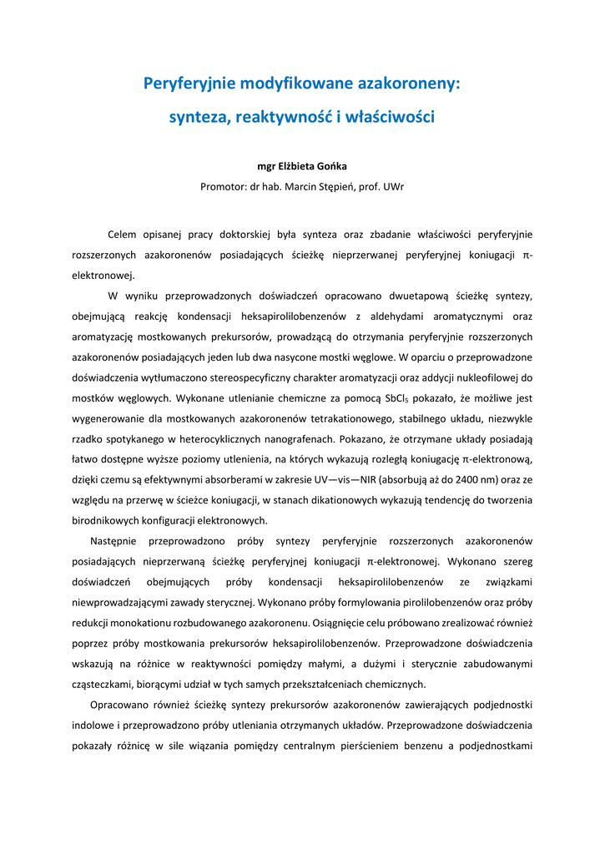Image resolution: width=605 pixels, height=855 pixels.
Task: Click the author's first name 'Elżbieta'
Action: (303, 167)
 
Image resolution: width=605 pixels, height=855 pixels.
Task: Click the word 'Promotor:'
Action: (223, 187)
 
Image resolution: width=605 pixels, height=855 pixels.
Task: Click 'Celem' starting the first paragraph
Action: (124, 234)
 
